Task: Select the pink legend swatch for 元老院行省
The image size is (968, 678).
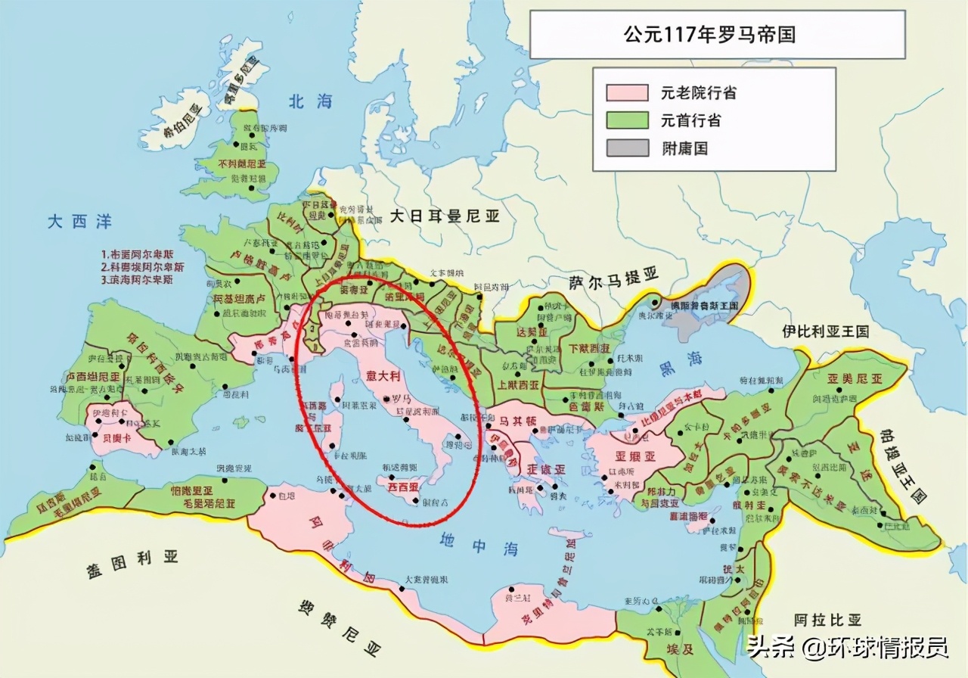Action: click(x=627, y=93)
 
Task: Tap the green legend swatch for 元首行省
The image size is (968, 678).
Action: click(x=627, y=120)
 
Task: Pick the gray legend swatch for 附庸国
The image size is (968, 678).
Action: click(x=627, y=148)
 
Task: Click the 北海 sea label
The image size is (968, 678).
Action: click(x=309, y=101)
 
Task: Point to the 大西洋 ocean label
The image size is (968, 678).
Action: click(x=79, y=222)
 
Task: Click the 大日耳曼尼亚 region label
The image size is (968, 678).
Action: click(x=445, y=216)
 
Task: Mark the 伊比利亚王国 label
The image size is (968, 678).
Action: click(x=826, y=331)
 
